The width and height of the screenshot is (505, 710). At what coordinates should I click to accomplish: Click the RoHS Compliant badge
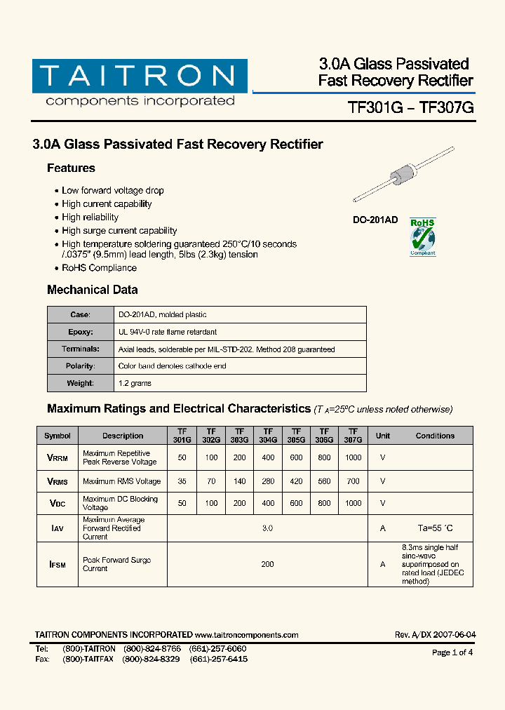coord(422,236)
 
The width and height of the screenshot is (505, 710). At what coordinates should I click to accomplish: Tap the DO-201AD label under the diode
coord(375,220)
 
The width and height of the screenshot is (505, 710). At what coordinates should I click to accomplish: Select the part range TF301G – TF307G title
coord(411,107)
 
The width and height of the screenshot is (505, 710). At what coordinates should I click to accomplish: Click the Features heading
coord(71,168)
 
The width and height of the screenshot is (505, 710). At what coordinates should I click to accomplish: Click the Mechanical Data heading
coord(92,290)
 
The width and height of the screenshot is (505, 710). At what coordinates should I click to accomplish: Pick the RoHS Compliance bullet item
coord(99,268)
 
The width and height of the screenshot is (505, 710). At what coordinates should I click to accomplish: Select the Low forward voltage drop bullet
coord(112,191)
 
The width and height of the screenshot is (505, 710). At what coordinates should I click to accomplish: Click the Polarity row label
coord(80,366)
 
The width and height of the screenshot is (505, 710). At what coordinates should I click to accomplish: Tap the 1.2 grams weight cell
coord(135,383)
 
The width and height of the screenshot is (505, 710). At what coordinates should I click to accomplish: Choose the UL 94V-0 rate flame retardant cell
coord(168,332)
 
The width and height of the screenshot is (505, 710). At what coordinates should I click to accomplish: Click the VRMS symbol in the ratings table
coord(57,481)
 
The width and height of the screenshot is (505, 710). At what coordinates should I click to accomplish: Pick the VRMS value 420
coord(296,481)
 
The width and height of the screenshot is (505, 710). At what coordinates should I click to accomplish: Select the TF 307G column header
coord(353,436)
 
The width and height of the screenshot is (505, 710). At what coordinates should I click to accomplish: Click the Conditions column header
coord(435,436)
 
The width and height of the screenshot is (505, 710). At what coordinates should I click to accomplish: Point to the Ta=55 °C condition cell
coord(435,528)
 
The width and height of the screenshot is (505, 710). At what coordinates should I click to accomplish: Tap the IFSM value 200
coord(267,564)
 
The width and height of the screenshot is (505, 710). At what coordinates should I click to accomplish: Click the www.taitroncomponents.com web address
coord(246,635)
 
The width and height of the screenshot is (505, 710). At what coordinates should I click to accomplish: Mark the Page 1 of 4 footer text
coord(452,652)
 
